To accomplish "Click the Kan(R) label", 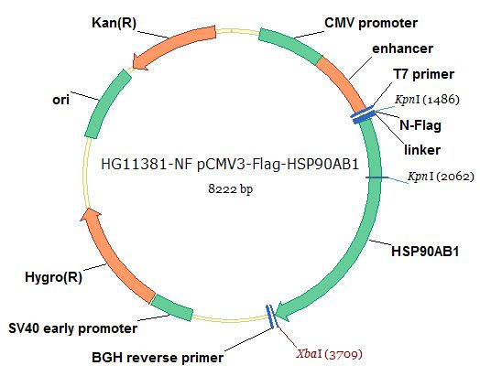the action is pyautogui.click(x=114, y=23).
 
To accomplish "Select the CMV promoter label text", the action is pyautogui.click(x=371, y=23).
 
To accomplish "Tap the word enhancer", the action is pyautogui.click(x=402, y=48).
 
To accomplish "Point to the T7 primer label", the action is pyautogui.click(x=424, y=74).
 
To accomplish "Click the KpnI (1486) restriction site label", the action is pyautogui.click(x=427, y=100).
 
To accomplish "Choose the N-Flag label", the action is pyautogui.click(x=420, y=125).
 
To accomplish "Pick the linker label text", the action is pyautogui.click(x=422, y=150).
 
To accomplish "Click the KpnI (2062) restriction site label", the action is pyautogui.click(x=441, y=177).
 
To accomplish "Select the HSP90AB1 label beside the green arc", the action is pyautogui.click(x=425, y=252).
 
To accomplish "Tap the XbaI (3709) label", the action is pyautogui.click(x=330, y=354).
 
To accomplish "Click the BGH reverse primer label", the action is pyautogui.click(x=158, y=358).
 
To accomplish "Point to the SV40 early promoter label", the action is pyautogui.click(x=73, y=328).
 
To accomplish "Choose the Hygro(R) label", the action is pyautogui.click(x=53, y=277).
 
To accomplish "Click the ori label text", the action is pyautogui.click(x=61, y=100).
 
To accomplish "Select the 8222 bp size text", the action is pyautogui.click(x=231, y=189).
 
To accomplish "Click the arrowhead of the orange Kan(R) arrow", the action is pyautogui.click(x=140, y=61).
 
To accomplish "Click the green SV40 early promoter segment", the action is pyautogui.click(x=173, y=307).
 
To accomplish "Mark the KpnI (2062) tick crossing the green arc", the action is pyautogui.click(x=376, y=177).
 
